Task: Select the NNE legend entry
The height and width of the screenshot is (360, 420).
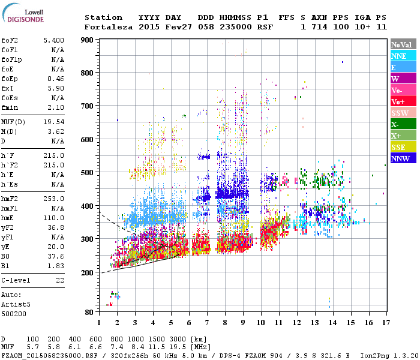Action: click(403, 56)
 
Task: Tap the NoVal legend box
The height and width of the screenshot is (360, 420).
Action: click(403, 44)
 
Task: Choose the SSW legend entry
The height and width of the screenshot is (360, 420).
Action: click(403, 113)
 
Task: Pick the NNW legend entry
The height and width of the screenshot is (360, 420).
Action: click(403, 158)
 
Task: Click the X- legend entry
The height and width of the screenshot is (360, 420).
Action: click(403, 124)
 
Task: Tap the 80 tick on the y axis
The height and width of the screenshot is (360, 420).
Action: click(90, 312)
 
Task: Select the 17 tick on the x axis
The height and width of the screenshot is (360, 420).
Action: click(385, 323)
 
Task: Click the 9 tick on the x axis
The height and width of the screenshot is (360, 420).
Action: click(243, 323)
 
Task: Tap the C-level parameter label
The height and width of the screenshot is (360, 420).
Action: click(16, 280)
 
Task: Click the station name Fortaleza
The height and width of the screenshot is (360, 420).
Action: click(109, 27)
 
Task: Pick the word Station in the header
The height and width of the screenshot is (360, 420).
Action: click(103, 17)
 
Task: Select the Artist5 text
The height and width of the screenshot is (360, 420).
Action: click(16, 304)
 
